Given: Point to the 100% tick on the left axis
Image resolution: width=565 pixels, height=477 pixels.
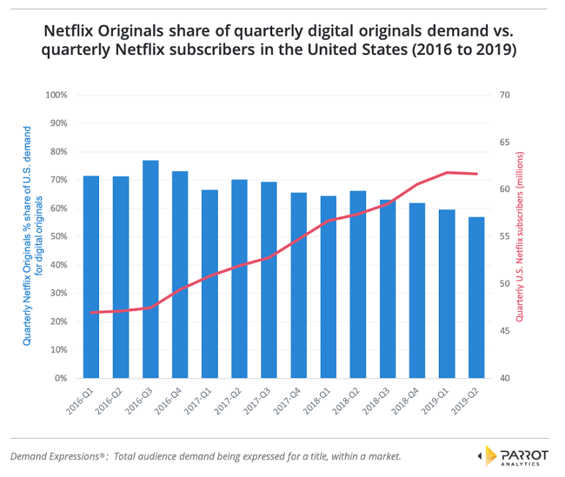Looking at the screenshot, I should (x=56, y=95).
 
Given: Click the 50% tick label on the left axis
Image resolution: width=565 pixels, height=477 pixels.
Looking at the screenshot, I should (x=58, y=237).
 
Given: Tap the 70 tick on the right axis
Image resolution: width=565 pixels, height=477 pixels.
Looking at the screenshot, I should (x=505, y=95).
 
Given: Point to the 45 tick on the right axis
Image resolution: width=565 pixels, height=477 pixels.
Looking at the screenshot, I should (x=505, y=332).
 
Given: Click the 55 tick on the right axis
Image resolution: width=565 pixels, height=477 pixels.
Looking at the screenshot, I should (x=505, y=237).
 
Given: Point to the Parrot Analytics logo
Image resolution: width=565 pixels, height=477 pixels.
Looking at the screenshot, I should (x=513, y=456).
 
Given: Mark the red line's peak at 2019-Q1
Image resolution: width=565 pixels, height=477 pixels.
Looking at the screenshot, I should (x=447, y=172).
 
